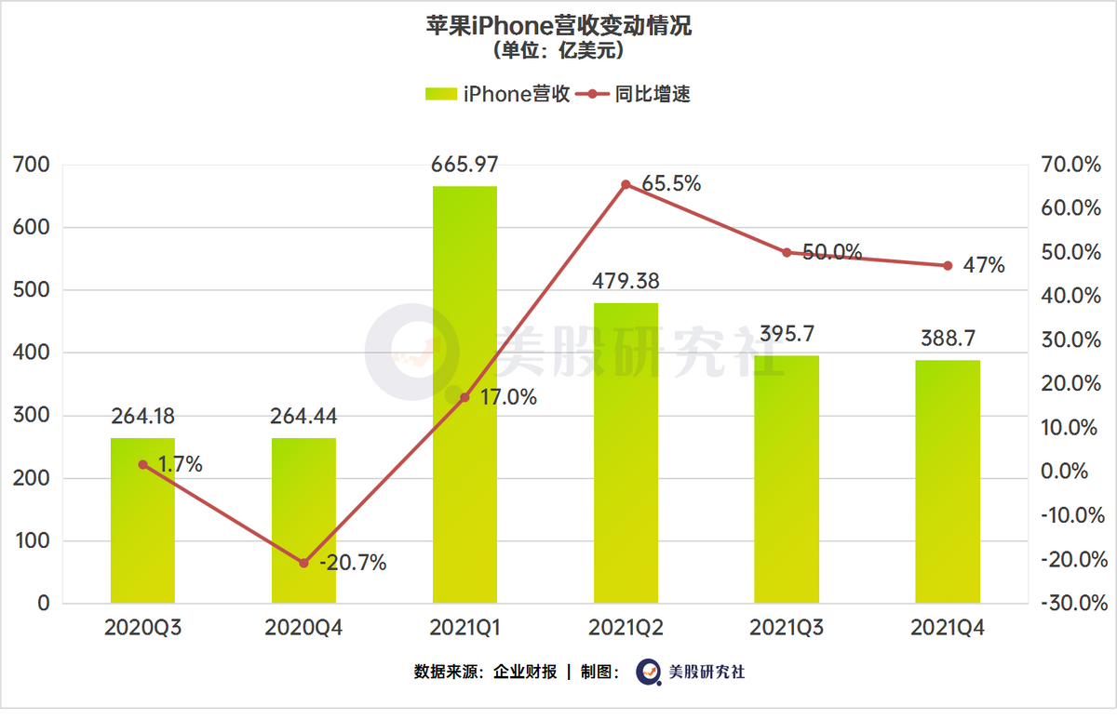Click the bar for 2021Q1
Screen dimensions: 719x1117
click(464, 394)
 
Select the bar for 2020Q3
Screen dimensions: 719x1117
click(142, 521)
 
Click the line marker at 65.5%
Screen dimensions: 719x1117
click(626, 184)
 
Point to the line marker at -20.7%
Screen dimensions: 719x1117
click(303, 563)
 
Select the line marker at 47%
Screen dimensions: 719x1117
click(948, 265)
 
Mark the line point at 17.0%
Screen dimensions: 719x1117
click(464, 397)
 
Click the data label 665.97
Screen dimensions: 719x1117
click(464, 166)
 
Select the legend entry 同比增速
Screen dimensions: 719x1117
click(633, 94)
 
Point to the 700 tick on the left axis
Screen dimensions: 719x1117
click(32, 166)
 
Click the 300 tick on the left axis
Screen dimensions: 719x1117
click(32, 416)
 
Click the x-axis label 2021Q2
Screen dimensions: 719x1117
click(626, 629)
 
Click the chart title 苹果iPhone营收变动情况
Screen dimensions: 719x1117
click(558, 25)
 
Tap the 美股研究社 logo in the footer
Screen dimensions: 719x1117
click(690, 672)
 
